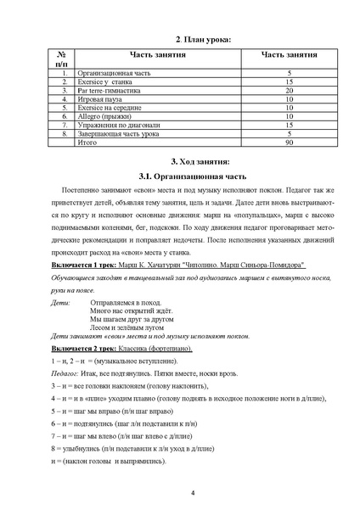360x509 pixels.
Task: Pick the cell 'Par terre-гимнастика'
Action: pyautogui.click(x=114, y=90)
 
